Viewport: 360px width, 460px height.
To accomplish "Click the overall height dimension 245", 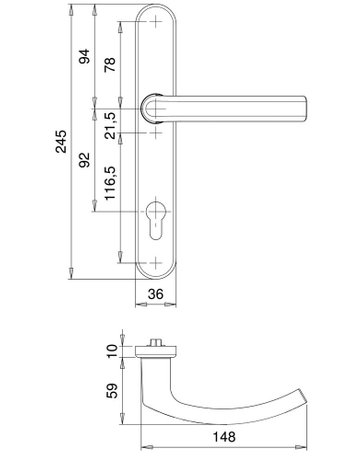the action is (x=61, y=141).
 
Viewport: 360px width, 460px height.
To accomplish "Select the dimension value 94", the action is (x=84, y=56).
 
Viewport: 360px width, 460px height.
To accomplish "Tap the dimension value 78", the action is (x=110, y=64).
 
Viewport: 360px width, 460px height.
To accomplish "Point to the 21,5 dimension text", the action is (x=110, y=125).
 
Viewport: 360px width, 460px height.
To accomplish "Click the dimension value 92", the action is (x=84, y=159).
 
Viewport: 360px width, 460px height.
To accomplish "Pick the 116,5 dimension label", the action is (x=110, y=183).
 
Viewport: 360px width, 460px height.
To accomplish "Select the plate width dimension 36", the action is (x=156, y=294).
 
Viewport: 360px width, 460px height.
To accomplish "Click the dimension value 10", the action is (x=112, y=351).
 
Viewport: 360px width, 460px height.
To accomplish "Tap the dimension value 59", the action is (x=112, y=391).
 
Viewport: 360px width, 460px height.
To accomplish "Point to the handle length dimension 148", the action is (x=224, y=437).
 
